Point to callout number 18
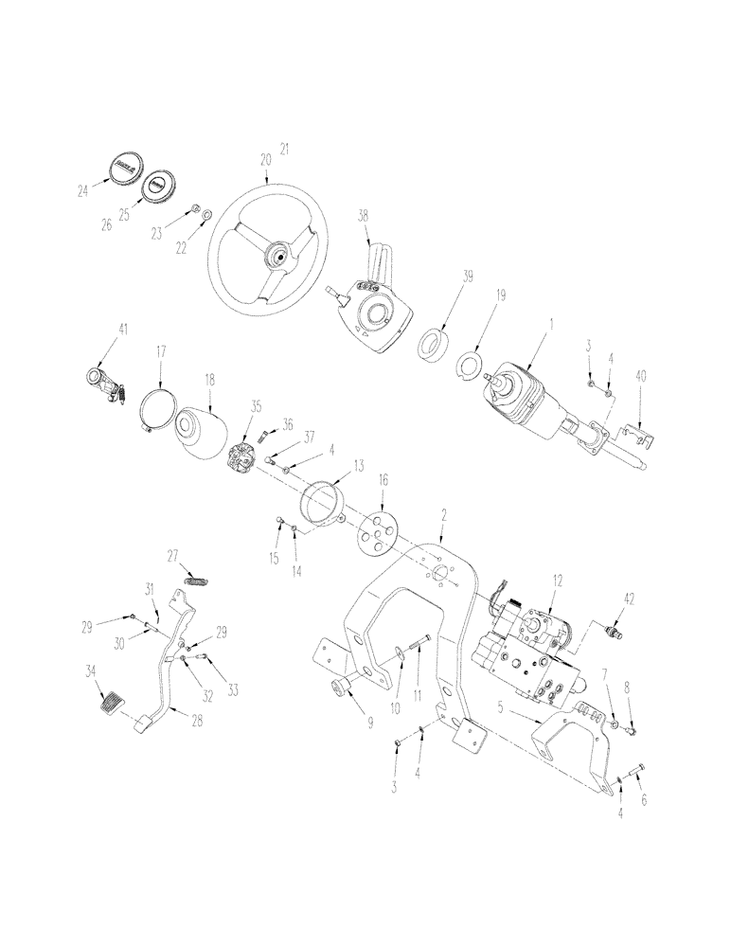pos(209,378)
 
